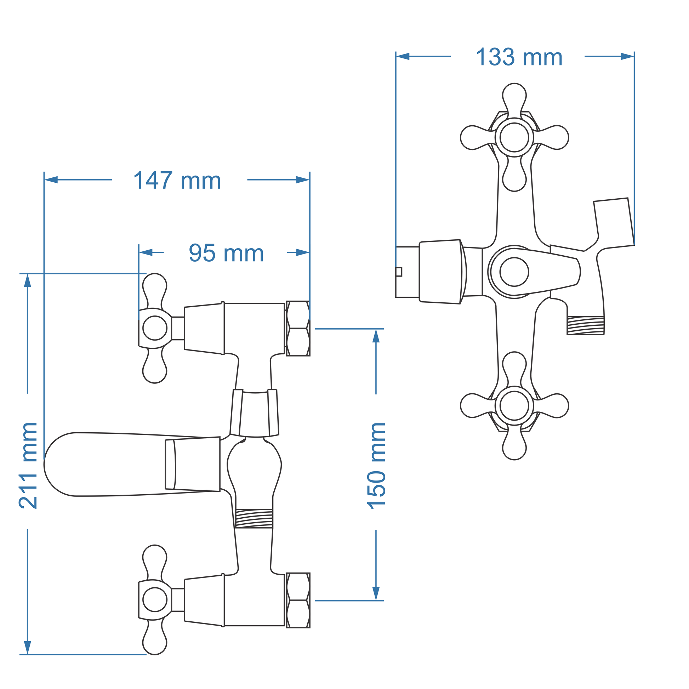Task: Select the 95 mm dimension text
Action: coord(226,253)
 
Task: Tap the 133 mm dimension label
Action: coord(519,57)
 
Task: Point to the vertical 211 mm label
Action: coord(28,465)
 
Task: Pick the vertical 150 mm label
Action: coord(376,466)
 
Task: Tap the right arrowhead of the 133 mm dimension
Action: coord(627,56)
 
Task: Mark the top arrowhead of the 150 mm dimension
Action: coord(376,336)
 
